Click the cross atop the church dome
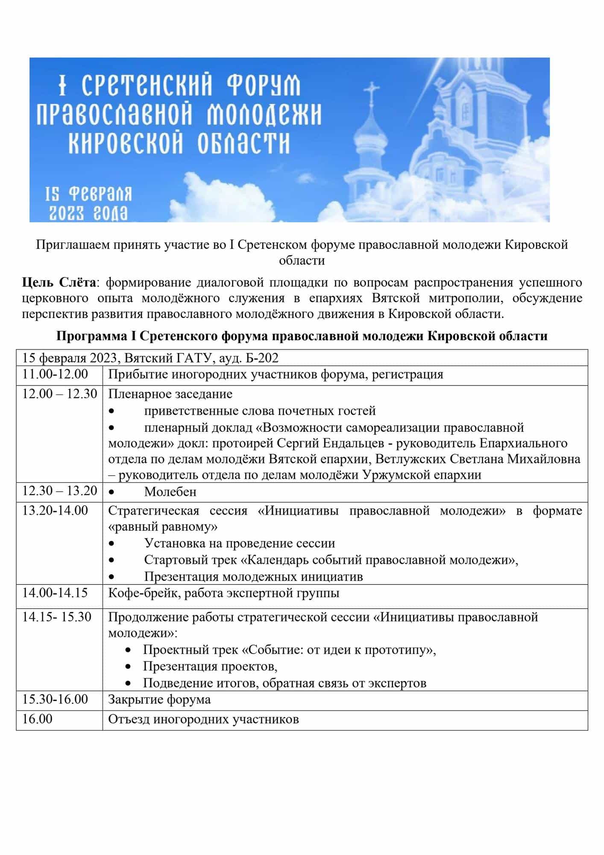(372, 94)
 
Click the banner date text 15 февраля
(89, 195)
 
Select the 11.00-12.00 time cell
(55, 374)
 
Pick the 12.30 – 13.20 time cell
(60, 491)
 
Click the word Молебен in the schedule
(170, 492)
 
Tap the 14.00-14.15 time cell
(55, 593)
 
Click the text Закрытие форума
(159, 699)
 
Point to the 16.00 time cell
(37, 719)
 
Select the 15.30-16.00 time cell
(55, 699)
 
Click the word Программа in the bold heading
(91, 336)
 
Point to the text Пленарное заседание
(170, 394)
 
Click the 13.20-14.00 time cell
(55, 510)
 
